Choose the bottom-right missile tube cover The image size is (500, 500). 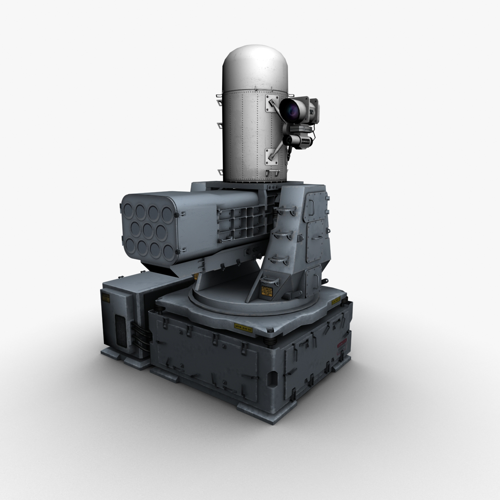(169, 251)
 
